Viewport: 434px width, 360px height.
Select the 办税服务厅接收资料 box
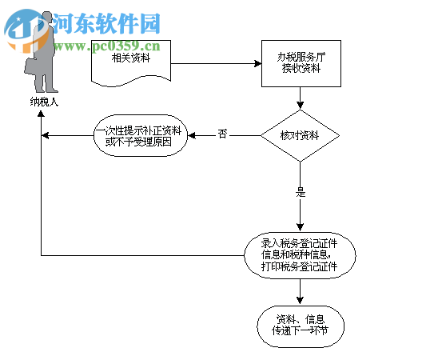301,63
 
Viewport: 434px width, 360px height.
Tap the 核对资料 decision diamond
301,135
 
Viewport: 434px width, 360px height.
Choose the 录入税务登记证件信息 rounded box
300,255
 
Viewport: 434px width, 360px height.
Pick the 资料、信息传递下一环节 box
300,325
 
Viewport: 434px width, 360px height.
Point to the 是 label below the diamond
301,192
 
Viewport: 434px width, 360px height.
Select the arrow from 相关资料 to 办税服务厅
216,63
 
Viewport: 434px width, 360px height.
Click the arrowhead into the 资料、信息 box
300,301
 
